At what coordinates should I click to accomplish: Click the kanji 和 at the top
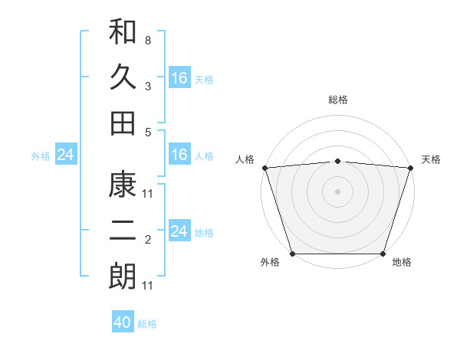coord(123,32)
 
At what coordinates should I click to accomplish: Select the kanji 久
coord(123,77)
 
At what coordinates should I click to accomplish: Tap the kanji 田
coord(123,123)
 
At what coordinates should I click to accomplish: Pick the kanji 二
coord(123,231)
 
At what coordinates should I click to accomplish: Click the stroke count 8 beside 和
coord(148,40)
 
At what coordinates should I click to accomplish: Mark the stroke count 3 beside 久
coord(148,86)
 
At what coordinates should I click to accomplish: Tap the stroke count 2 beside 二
coord(148,241)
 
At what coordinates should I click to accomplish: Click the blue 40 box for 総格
coord(123,322)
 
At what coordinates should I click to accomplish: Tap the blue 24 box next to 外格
coord(65,155)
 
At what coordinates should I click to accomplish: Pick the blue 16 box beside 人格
coord(179,155)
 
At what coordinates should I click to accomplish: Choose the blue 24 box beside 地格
coord(179,231)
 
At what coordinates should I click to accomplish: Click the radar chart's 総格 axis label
coord(337,100)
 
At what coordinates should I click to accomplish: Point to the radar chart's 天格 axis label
coord(432,159)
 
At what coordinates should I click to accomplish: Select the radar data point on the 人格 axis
coord(264,167)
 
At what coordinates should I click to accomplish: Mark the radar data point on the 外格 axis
coord(293,254)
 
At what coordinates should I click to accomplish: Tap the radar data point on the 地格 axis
coord(383,254)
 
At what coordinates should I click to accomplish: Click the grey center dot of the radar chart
coord(337,191)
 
